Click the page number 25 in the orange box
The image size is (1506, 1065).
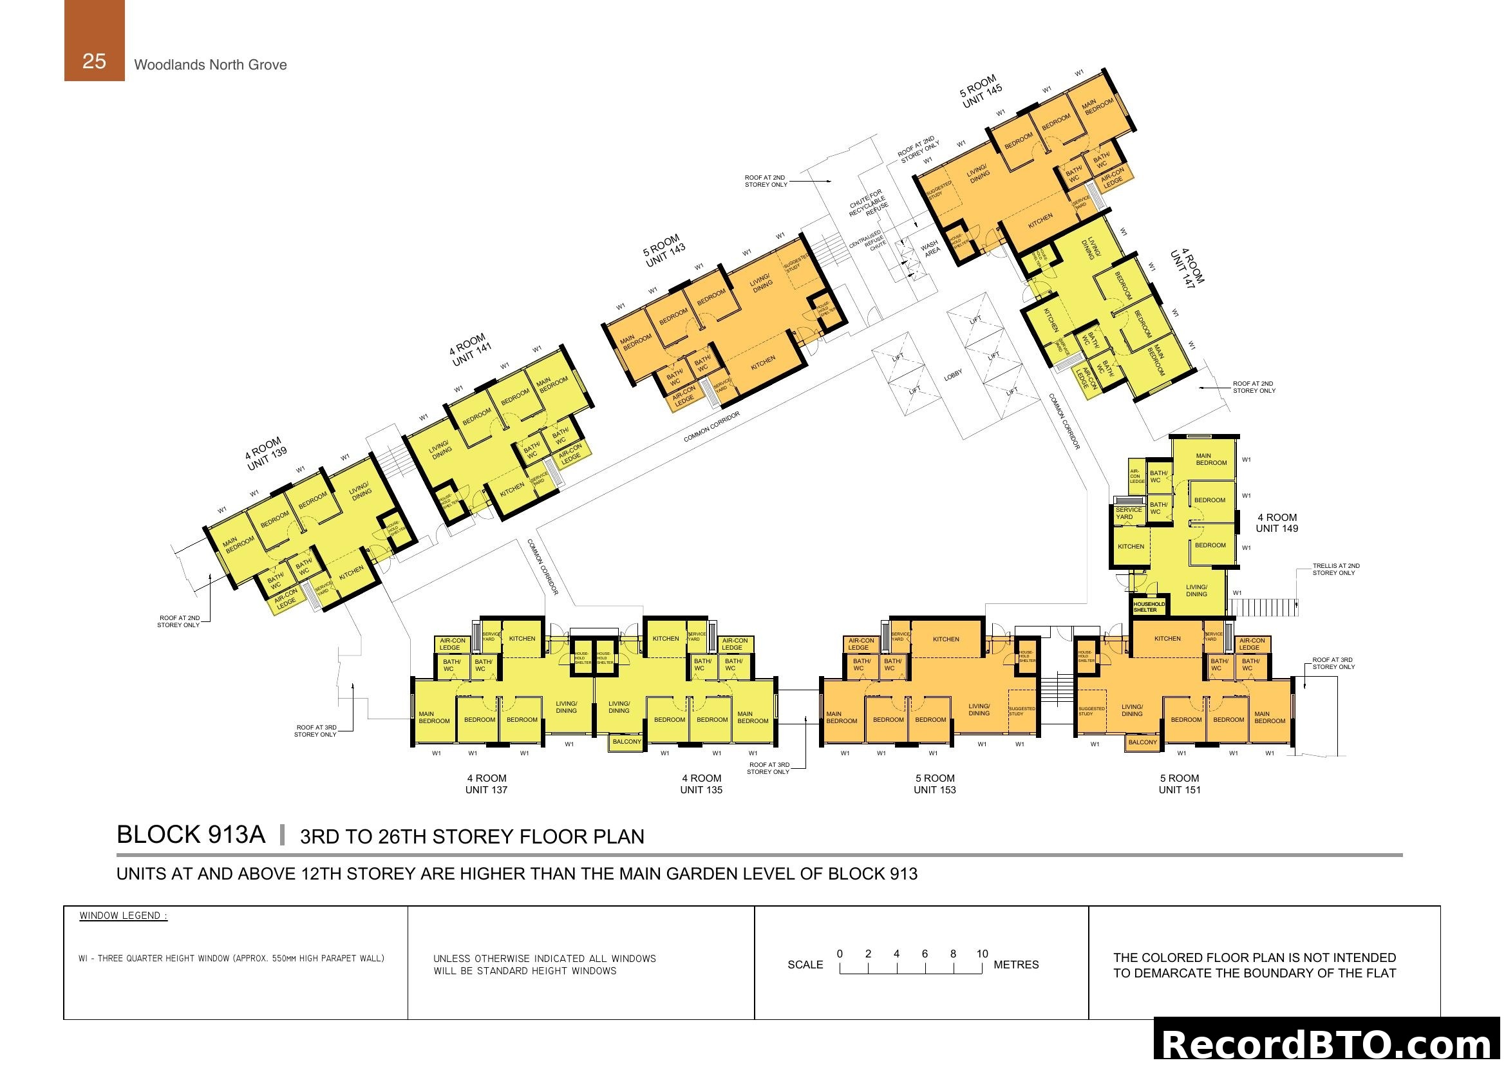click(94, 61)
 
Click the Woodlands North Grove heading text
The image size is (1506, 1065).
click(210, 64)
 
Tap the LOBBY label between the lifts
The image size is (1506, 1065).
click(953, 375)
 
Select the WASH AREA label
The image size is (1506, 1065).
click(931, 247)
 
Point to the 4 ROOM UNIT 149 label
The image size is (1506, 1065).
click(1276, 523)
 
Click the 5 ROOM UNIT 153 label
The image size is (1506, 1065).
click(935, 784)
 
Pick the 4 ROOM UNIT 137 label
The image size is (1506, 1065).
click(486, 784)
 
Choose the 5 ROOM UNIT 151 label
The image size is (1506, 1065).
click(1180, 784)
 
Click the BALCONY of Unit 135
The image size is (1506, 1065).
click(626, 742)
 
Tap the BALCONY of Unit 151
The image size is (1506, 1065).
click(1142, 742)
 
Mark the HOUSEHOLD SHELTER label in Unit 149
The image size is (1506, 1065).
click(1149, 607)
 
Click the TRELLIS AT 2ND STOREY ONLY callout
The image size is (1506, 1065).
click(1335, 569)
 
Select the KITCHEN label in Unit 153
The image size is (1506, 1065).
click(945, 639)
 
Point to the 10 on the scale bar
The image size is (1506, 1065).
click(981, 954)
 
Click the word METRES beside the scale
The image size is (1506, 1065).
click(1016, 965)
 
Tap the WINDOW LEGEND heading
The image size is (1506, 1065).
click(124, 916)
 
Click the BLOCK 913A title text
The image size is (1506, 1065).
click(191, 835)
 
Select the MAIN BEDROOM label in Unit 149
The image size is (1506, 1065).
click(1210, 459)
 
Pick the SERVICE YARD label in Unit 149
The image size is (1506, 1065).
click(1128, 513)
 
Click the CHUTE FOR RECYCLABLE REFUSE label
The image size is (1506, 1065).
click(869, 203)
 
